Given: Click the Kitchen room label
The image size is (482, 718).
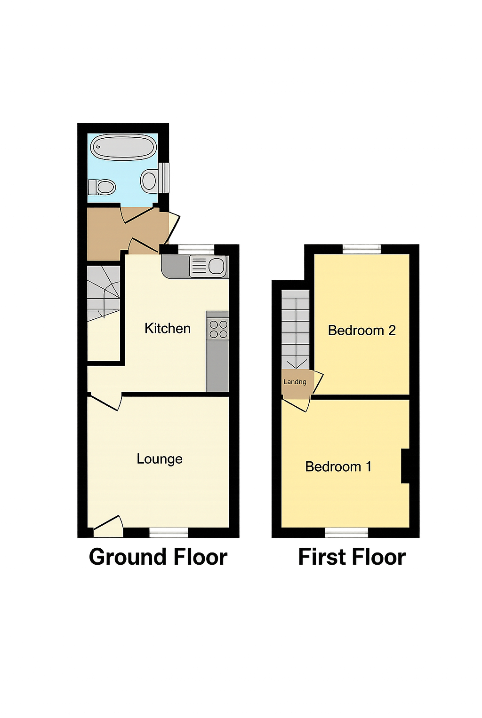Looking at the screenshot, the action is tap(168, 328).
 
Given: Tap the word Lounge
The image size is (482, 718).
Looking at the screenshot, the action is tap(160, 459).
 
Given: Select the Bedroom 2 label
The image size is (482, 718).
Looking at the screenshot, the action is tap(361, 330).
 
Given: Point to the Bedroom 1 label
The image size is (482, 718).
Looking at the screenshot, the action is tap(338, 467).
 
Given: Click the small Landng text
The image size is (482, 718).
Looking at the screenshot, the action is tap(295, 382).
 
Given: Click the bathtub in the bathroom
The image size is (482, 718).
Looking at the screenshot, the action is tap(123, 147).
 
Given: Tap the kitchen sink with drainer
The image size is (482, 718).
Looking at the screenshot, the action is tap(209, 266).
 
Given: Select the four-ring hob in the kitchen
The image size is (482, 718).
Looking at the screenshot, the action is tap(218, 329).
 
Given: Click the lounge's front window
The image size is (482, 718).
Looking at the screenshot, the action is tap(169, 533).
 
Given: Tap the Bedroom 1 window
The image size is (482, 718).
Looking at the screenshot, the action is tap(346, 533).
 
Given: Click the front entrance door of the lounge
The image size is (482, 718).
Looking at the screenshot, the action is tap(108, 526).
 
